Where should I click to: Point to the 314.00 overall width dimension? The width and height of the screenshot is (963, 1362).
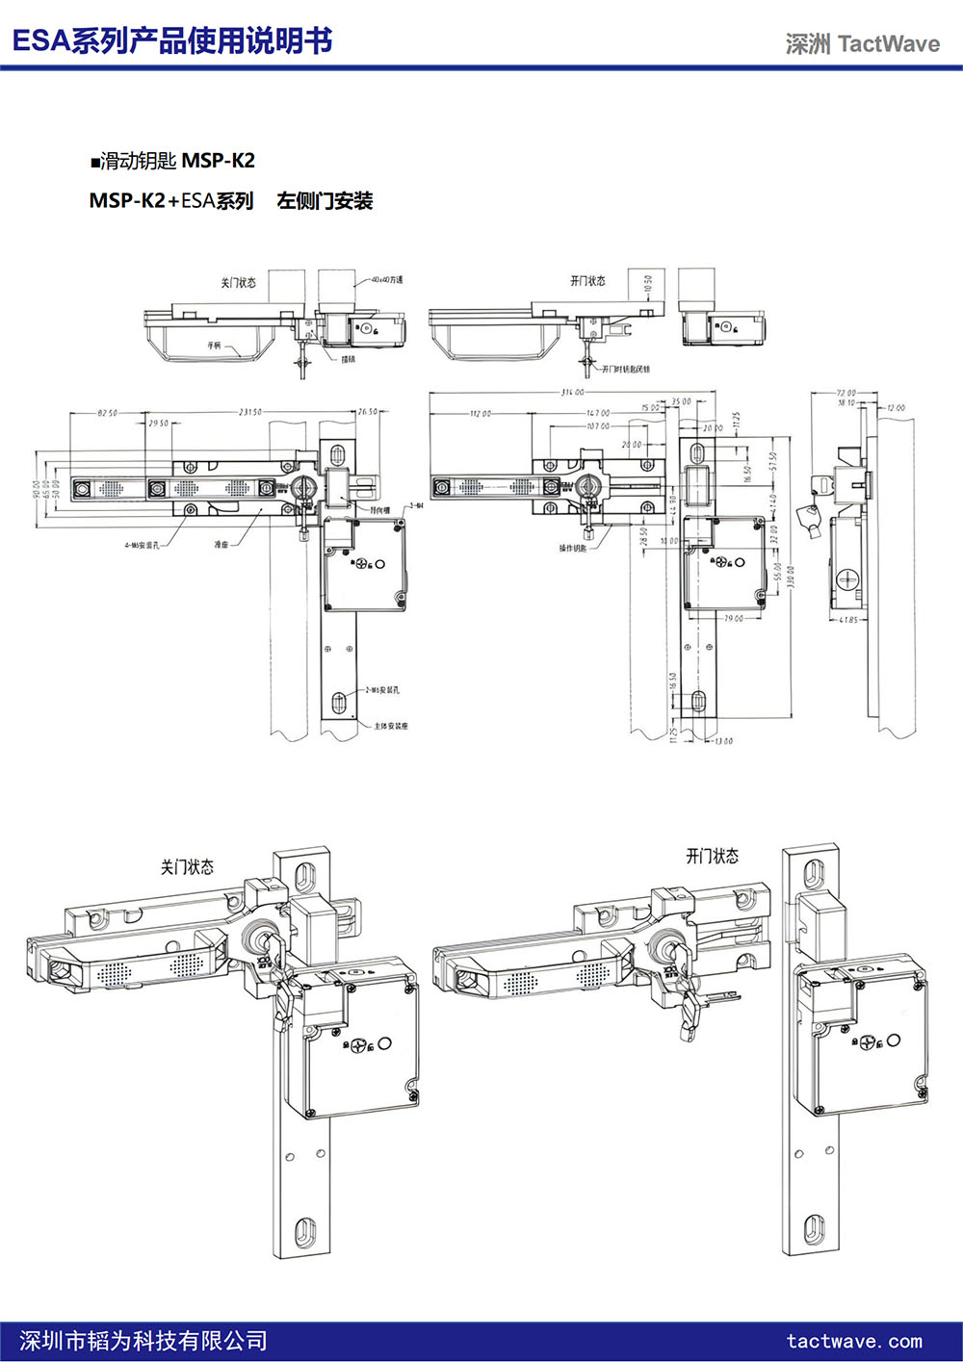(x=572, y=393)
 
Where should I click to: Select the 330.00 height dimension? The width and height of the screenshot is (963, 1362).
(x=791, y=577)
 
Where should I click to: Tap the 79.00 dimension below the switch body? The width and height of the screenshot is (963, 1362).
(x=734, y=618)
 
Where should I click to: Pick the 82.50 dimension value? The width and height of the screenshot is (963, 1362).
(x=107, y=413)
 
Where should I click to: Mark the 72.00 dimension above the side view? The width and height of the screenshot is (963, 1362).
(x=846, y=393)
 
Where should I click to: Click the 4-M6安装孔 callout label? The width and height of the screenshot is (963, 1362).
(x=142, y=545)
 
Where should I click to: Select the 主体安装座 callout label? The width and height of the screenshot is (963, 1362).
(x=391, y=726)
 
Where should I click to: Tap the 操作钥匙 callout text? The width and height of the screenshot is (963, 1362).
(x=572, y=549)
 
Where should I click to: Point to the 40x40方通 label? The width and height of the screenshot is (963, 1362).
(x=386, y=280)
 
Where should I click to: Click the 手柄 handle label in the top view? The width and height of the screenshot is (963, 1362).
(x=213, y=344)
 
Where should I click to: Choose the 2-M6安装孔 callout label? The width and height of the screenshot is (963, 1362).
(x=382, y=690)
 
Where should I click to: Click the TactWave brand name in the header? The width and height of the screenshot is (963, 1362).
(x=888, y=43)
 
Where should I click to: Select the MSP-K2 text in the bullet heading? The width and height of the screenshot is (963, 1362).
(x=219, y=161)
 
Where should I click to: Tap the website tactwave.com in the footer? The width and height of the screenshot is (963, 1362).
(x=854, y=1341)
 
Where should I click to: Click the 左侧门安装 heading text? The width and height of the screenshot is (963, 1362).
(x=325, y=201)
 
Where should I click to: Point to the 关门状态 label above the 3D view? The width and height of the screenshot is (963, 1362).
(x=187, y=867)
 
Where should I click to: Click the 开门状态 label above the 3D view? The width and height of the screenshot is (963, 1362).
(x=712, y=856)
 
